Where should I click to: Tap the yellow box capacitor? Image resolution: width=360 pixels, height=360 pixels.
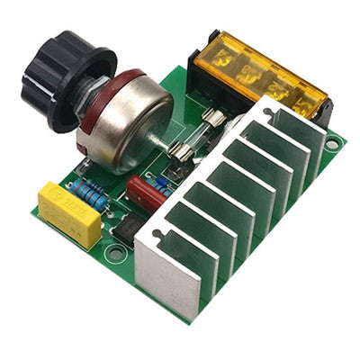tap(70, 213)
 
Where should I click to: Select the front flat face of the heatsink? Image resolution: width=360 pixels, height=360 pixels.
tap(166, 274)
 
